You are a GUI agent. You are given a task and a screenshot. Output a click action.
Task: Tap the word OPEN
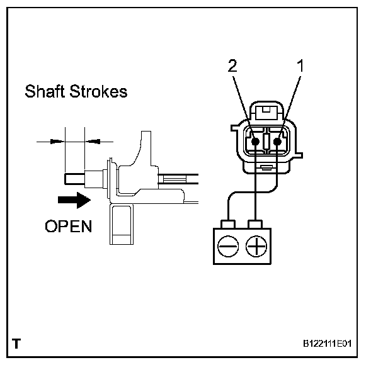coord(68,226)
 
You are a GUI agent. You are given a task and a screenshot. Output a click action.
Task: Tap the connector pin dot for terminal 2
coord(255,142)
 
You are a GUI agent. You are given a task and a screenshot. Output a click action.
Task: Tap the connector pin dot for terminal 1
coord(278,142)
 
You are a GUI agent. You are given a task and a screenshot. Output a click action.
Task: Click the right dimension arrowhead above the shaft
coord(89,141)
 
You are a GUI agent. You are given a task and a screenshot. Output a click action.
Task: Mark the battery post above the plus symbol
coord(255,223)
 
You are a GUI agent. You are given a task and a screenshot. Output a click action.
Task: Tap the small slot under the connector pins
coord(267,167)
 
